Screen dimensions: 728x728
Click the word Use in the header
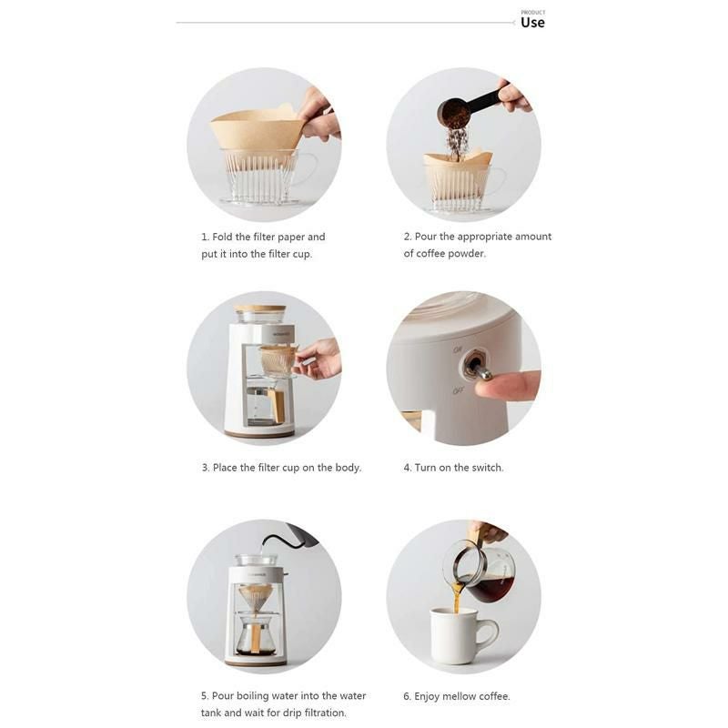[x=532, y=23]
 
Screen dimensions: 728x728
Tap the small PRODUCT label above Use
[x=532, y=12]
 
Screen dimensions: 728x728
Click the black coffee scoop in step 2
[x=469, y=106]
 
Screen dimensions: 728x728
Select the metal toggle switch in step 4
[x=476, y=369]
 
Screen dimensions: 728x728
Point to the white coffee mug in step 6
[x=458, y=635]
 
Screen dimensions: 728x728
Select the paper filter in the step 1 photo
[x=257, y=130]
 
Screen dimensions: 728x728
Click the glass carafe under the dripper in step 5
[x=256, y=634]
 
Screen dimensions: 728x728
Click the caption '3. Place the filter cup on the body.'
[x=281, y=468]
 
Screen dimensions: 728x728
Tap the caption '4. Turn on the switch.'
[x=453, y=468]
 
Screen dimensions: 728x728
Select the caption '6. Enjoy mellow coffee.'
[x=457, y=696]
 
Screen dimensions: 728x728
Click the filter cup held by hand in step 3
[x=277, y=360]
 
